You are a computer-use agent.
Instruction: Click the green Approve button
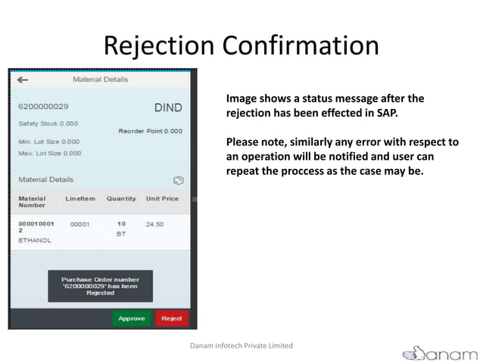132,318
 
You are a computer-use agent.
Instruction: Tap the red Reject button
172,318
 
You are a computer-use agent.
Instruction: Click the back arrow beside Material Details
23,79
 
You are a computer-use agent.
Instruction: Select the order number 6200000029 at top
44,107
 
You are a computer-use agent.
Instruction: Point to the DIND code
168,108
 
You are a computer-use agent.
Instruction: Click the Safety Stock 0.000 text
48,123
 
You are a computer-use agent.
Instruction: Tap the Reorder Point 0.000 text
150,131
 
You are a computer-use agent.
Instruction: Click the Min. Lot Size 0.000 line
50,141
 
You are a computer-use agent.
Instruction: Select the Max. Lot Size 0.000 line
50,153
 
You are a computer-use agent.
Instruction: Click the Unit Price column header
162,198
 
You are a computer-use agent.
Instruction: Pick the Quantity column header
121,198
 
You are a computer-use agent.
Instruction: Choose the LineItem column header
80,198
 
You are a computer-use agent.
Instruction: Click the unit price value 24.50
155,224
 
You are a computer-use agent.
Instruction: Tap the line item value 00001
79,224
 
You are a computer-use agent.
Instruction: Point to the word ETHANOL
35,240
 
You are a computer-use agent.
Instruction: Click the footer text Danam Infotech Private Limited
241,345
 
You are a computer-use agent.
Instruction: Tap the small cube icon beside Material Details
178,180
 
